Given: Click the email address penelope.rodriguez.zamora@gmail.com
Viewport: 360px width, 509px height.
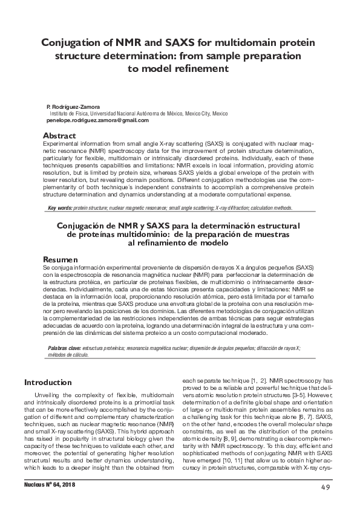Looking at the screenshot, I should pyautogui.click(x=97, y=120).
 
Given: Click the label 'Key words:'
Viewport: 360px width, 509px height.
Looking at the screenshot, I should pyautogui.click(x=60, y=207).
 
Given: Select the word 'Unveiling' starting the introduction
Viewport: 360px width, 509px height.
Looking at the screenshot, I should pyautogui.click(x=47, y=395).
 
